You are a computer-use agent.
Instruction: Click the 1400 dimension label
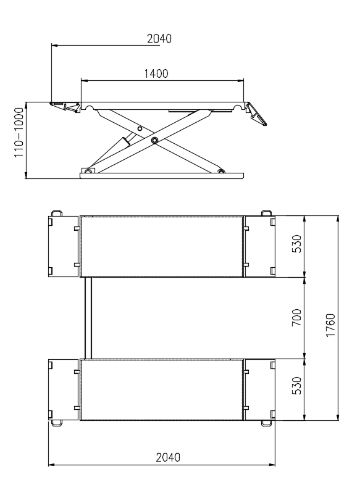[x=156, y=74]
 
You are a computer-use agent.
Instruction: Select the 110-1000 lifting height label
[x=19, y=133]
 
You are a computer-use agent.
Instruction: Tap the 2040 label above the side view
[x=159, y=38]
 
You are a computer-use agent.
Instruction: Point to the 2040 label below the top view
[x=168, y=457]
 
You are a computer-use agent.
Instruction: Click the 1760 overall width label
[x=330, y=325]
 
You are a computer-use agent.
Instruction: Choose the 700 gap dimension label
[x=296, y=318]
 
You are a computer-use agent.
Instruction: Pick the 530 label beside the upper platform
[x=296, y=244]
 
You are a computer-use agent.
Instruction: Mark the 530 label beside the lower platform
[x=296, y=386]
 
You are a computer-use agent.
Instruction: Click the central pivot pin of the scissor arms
[x=154, y=141]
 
